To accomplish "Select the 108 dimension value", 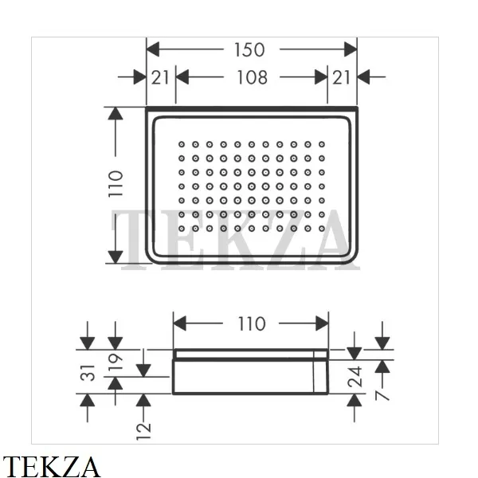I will pos(251,77).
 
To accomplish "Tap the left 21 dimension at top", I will pos(160,77).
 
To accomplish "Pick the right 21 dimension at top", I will pos(342,77).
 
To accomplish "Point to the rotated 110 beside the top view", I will pos(116,184).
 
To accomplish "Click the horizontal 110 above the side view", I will pos(251,323).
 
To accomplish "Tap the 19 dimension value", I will pos(116,362).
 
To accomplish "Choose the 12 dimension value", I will pos(144,430).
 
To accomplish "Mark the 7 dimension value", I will pos(383,393).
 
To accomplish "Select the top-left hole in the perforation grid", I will pos(181,144).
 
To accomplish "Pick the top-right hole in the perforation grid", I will pos(322,144).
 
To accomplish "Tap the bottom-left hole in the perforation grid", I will pos(181,229).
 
